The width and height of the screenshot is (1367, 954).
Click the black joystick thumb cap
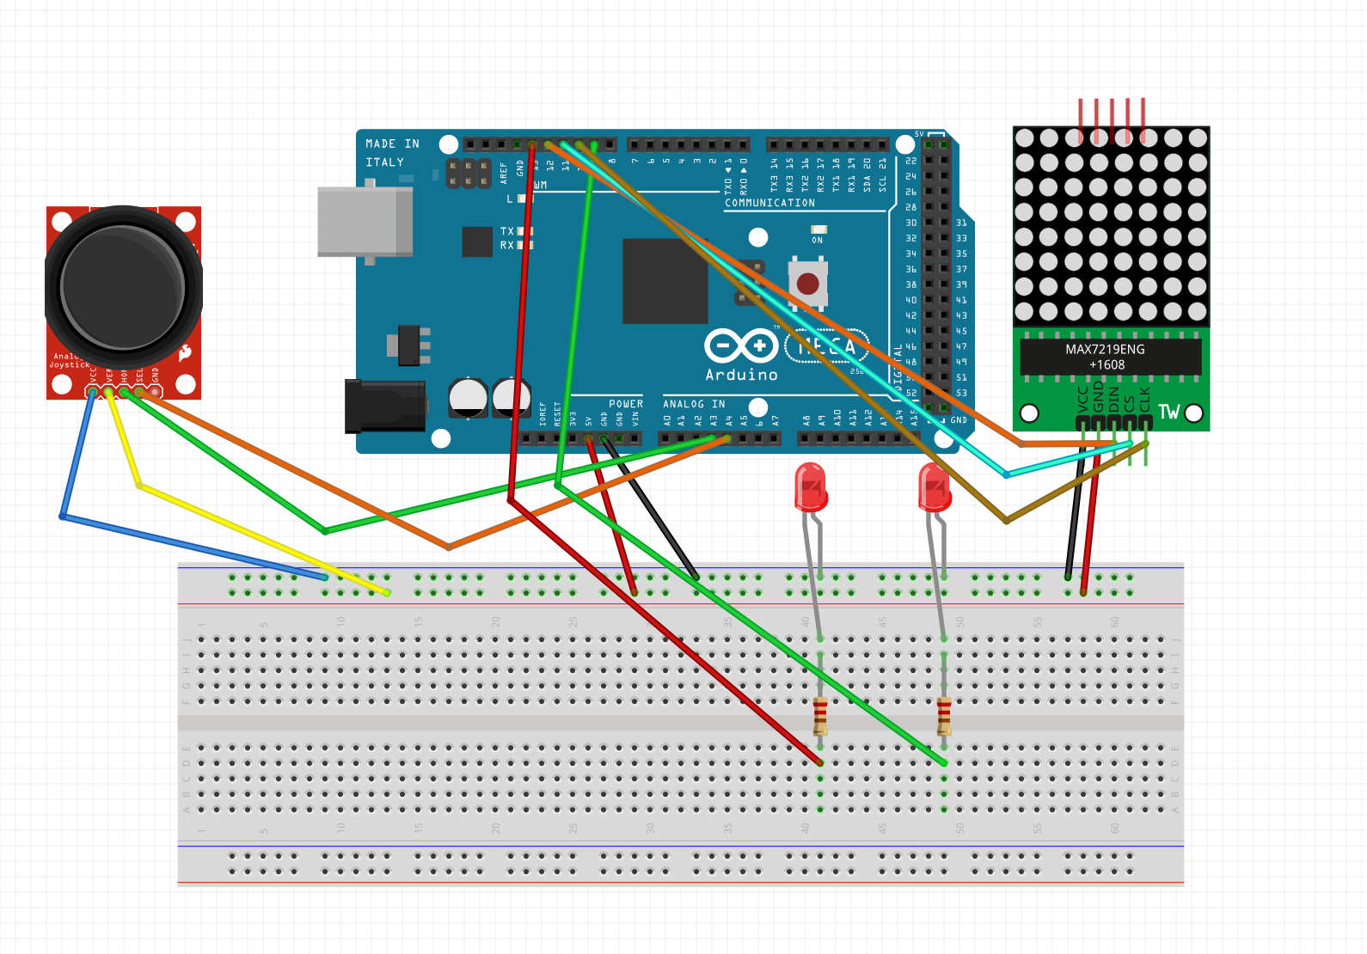[123, 287]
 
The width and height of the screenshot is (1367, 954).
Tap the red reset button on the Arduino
[807, 283]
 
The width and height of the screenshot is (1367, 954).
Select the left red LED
[810, 487]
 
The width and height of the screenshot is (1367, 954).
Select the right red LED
[934, 487]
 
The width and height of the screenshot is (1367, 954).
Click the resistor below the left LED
[820, 715]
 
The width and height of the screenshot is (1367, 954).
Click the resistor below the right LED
[944, 715]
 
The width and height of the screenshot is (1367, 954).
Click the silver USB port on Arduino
[364, 222]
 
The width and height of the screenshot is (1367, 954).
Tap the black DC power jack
[384, 406]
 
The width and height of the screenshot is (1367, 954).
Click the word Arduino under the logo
[741, 375]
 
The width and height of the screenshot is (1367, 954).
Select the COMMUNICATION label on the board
[769, 203]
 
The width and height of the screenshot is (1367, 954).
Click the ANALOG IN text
[694, 404]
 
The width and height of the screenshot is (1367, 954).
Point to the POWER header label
[626, 404]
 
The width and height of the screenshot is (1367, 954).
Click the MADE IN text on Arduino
[392, 144]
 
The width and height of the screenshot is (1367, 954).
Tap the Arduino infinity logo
[740, 346]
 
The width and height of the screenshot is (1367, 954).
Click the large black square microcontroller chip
[665, 281]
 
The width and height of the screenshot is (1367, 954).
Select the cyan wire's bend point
[1007, 474]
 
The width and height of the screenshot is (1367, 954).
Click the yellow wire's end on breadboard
[387, 592]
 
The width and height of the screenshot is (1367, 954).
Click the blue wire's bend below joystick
[63, 517]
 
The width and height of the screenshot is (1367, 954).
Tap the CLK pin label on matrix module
[1144, 399]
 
